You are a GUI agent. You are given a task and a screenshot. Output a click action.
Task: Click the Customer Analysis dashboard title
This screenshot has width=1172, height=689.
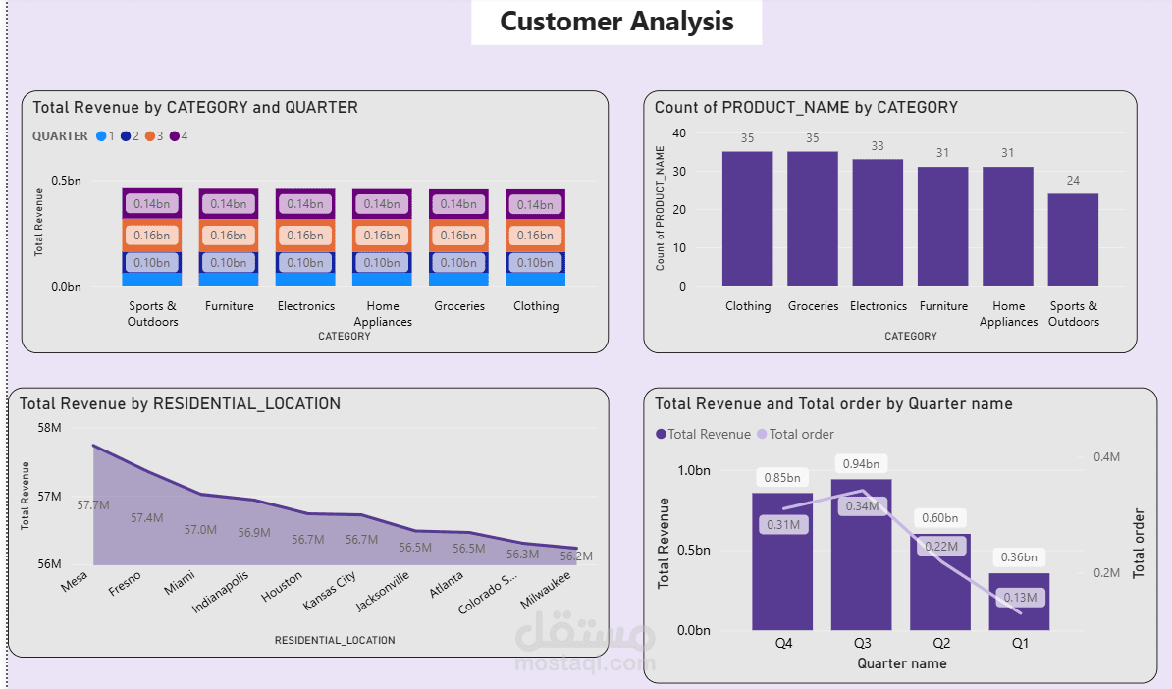pyautogui.click(x=616, y=22)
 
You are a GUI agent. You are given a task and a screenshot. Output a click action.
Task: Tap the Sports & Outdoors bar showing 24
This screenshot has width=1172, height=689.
pyautogui.click(x=1073, y=239)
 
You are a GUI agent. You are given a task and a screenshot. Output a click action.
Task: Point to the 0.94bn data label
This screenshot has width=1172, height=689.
pyautogui.click(x=861, y=463)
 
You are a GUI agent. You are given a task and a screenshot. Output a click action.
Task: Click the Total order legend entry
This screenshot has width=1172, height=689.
pyautogui.click(x=801, y=434)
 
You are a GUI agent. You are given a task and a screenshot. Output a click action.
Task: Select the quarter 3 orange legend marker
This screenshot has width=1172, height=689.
pyautogui.click(x=151, y=136)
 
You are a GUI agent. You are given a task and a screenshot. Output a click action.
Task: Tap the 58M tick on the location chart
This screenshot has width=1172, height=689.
pyautogui.click(x=48, y=428)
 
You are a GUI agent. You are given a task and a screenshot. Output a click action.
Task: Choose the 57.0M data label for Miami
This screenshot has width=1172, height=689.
pyautogui.click(x=200, y=530)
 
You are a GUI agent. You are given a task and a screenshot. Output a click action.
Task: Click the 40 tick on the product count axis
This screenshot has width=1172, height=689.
pyautogui.click(x=679, y=133)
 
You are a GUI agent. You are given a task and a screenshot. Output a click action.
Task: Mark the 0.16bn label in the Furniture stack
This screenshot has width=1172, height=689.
pyautogui.click(x=229, y=236)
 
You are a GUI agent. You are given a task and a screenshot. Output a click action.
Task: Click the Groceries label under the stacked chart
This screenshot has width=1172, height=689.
pyautogui.click(x=459, y=306)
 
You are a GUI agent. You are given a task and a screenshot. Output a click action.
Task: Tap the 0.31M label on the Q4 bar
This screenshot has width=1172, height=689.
pyautogui.click(x=781, y=525)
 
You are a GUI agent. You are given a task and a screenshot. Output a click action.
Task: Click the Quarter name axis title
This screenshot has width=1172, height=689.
pyautogui.click(x=901, y=663)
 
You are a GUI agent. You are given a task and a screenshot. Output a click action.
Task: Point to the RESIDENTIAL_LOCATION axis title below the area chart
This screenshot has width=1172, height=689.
pyautogui.click(x=335, y=640)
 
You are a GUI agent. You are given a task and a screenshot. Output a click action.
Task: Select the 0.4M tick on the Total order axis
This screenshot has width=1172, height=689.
pyautogui.click(x=1106, y=457)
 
